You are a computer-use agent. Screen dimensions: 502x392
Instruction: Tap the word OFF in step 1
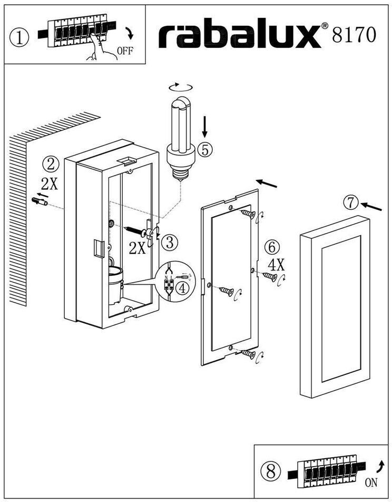point(125,51)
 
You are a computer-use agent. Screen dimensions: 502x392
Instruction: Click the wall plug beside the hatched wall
point(39,201)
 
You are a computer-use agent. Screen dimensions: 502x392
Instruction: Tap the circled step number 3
point(169,242)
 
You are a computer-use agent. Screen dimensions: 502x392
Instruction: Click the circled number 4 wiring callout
point(182,288)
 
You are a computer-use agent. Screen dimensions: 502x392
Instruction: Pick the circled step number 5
point(205,150)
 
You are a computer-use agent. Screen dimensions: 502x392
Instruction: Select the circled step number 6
point(272,246)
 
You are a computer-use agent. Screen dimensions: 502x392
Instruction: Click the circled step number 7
point(351,201)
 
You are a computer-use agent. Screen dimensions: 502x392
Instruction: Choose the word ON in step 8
point(371,481)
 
